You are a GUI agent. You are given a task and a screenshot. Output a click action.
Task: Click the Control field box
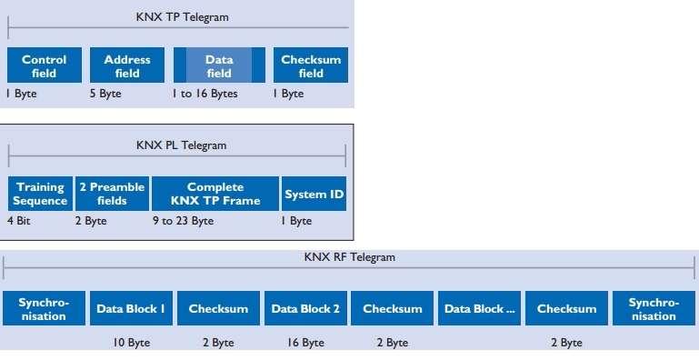[44, 66]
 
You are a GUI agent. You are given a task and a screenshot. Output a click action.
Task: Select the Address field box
[127, 66]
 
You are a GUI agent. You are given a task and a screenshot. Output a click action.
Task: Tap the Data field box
[219, 66]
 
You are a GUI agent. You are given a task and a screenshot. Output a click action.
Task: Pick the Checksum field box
[311, 66]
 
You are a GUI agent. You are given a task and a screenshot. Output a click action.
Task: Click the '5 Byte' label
[105, 94]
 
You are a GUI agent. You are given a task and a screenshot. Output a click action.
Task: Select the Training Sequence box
[40, 194]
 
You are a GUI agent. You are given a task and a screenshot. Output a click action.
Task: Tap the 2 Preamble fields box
[111, 194]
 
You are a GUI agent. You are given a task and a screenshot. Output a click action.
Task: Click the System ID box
[314, 194]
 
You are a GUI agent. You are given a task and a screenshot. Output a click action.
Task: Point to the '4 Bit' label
[19, 221]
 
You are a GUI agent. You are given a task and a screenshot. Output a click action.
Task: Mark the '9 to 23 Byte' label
[183, 221]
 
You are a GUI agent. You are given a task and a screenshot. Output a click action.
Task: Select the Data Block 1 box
[131, 309]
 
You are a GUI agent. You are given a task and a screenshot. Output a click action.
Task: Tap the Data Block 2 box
[305, 309]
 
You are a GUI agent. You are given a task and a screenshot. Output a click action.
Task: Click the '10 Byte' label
[132, 343]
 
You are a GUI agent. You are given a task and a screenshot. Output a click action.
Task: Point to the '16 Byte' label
[305, 343]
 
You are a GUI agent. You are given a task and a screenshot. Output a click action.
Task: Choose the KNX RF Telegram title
[349, 257]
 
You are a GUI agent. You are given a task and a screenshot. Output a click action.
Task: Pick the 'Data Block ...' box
[480, 309]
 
